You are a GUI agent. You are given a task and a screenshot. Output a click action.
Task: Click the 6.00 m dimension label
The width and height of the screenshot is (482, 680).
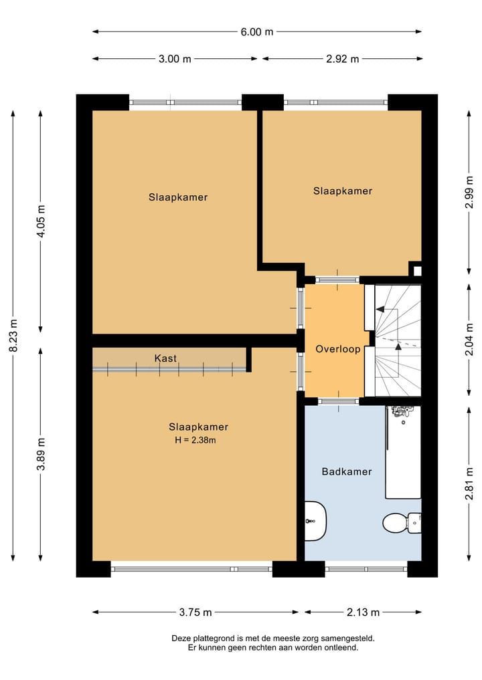(257, 31)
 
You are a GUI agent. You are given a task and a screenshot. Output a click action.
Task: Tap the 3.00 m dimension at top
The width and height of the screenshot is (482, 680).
(175, 59)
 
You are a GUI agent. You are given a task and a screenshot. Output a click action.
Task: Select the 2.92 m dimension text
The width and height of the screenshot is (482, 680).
(342, 59)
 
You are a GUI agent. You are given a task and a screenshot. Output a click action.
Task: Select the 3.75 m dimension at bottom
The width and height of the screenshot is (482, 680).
(195, 612)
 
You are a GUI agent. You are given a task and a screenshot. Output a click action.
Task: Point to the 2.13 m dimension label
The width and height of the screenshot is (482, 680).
(363, 612)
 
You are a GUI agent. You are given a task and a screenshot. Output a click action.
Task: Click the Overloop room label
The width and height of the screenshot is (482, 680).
(338, 349)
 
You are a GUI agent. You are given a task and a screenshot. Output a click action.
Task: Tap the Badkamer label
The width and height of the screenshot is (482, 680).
(346, 471)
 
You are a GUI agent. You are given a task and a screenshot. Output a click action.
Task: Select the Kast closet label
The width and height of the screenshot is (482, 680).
(165, 358)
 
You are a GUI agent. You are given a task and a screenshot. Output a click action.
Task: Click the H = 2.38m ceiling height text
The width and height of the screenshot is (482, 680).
(195, 440)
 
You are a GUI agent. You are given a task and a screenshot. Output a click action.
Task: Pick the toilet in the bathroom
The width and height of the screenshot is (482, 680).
(400, 521)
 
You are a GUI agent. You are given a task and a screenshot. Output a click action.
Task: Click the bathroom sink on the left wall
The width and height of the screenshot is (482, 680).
(315, 520)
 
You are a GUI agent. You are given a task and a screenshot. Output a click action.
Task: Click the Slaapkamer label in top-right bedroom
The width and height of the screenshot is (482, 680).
(342, 191)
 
